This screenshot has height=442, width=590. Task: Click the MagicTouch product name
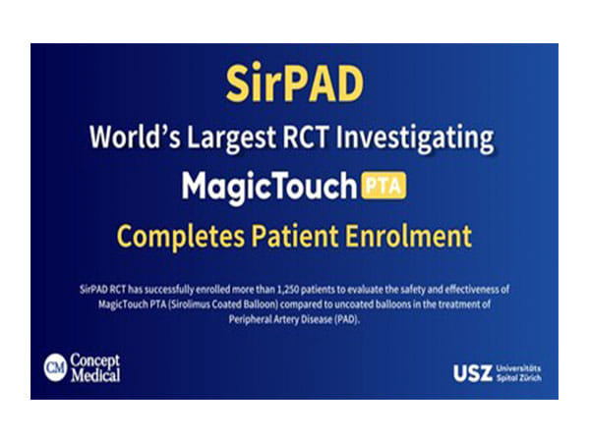(x=266, y=187)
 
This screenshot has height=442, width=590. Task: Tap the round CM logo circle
(x=55, y=367)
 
